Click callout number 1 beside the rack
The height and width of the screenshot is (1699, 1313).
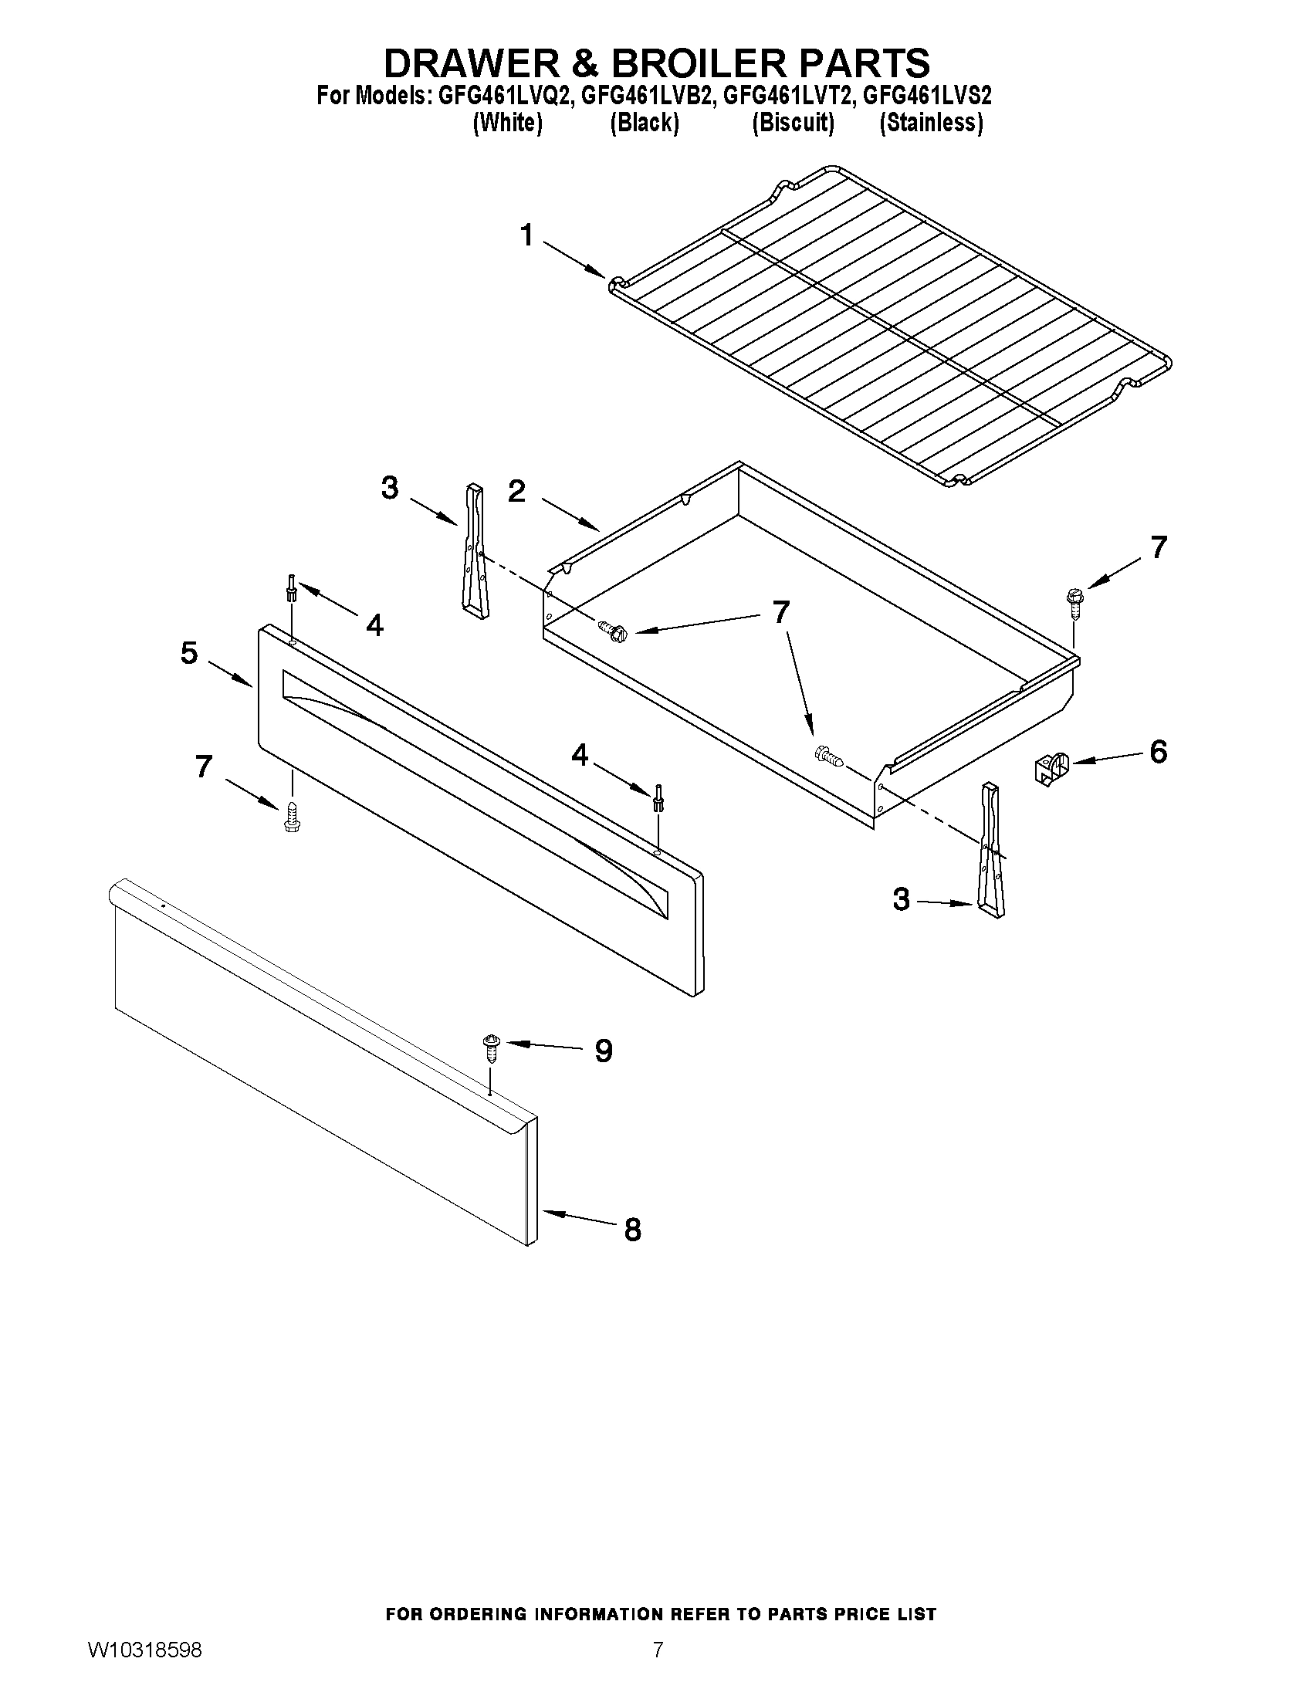tap(527, 235)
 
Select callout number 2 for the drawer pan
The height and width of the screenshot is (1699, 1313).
tap(516, 492)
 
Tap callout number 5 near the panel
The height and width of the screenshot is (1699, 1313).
tap(189, 653)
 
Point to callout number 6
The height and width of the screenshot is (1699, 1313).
tap(1158, 753)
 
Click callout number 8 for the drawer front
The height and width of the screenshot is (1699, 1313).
tap(632, 1230)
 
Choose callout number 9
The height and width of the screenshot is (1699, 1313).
tap(604, 1052)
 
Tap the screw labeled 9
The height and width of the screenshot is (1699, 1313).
tap(491, 1047)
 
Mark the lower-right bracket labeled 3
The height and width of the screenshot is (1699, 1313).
tap(991, 851)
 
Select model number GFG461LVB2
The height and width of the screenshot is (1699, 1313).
tap(646, 96)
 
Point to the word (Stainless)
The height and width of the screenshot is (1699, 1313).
tap(930, 123)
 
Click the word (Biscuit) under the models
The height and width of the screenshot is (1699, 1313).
tap(793, 123)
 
